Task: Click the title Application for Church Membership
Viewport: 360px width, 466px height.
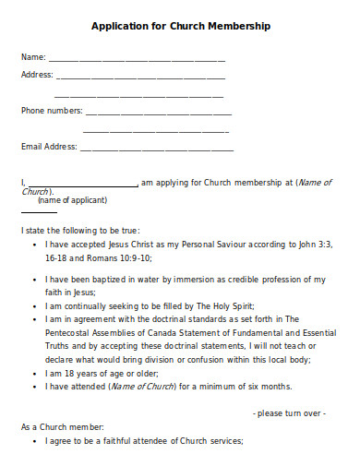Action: pos(180,27)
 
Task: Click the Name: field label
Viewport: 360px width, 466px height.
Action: pos(33,57)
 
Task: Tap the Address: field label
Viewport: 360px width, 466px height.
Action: pos(37,75)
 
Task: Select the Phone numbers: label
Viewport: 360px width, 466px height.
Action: pos(52,111)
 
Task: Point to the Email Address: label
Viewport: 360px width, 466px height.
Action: pos(49,147)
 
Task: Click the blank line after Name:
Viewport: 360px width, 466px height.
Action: pos(137,59)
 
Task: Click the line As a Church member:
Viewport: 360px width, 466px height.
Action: pos(63,427)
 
